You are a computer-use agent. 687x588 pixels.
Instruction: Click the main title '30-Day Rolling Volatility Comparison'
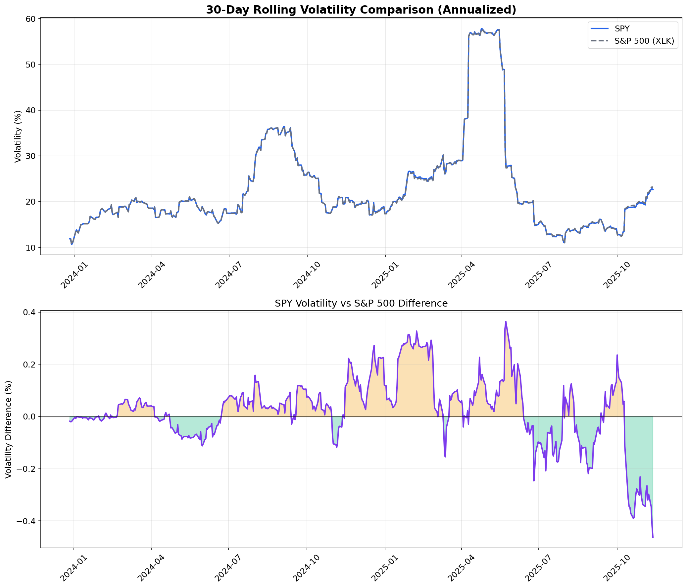coord(361,10)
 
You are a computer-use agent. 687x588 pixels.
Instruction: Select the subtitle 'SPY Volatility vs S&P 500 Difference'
coord(361,304)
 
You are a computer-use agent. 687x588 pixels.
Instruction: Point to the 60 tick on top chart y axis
coord(31,19)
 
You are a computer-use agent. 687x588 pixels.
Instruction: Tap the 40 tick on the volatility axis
coord(31,110)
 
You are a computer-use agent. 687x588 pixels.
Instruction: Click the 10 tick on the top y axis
coord(31,248)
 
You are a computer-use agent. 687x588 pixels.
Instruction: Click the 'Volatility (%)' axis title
coord(18,136)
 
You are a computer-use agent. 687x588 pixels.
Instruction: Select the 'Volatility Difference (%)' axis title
coord(8,429)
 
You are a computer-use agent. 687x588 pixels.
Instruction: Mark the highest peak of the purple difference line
coord(506,321)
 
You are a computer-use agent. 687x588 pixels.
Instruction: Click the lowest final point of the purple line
coord(653,537)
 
